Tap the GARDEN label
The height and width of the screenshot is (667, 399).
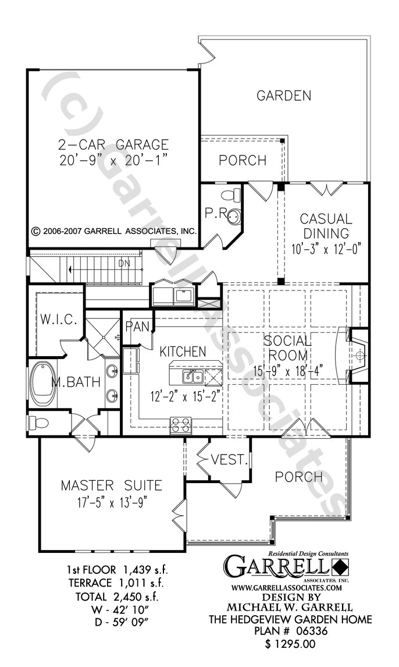[284, 95]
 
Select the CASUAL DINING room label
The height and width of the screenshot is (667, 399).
[326, 226]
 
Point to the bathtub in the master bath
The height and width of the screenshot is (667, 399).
[42, 384]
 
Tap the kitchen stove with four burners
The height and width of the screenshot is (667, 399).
[181, 425]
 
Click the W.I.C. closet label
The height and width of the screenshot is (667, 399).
[56, 320]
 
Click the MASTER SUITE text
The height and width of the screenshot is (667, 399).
[112, 485]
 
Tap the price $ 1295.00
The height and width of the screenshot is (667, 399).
[290, 644]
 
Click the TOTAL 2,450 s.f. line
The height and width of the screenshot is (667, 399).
[117, 597]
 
